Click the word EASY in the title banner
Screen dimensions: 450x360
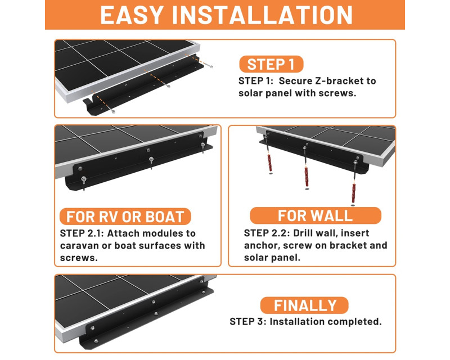point(132,15)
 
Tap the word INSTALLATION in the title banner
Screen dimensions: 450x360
point(262,15)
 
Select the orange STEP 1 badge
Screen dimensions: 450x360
point(271,64)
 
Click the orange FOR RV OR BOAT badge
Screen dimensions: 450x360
point(125,217)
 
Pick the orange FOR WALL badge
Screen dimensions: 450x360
point(316,215)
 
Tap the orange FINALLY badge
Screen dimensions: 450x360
point(304,305)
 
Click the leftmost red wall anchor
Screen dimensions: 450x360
point(269,163)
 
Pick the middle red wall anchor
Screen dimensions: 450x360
point(307,177)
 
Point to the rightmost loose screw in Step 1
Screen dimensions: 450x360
point(209,65)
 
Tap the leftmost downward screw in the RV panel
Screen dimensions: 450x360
point(84,183)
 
